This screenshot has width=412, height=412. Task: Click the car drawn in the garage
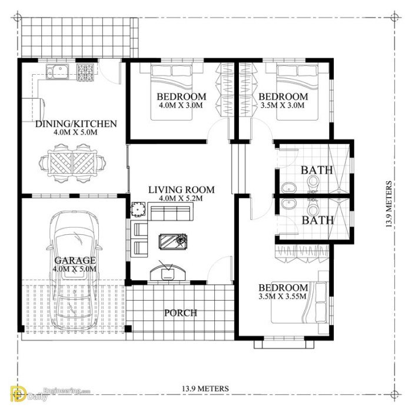[75, 271]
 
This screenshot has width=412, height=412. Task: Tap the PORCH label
[181, 313]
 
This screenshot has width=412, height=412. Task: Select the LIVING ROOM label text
[181, 190]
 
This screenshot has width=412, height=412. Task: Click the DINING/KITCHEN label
[76, 124]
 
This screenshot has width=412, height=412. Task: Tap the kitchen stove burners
[85, 74]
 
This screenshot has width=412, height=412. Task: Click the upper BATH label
[317, 170]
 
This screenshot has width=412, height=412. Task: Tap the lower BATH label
[317, 220]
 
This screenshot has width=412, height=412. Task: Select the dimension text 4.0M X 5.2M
[181, 199]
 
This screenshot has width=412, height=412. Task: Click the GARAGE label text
[75, 260]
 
